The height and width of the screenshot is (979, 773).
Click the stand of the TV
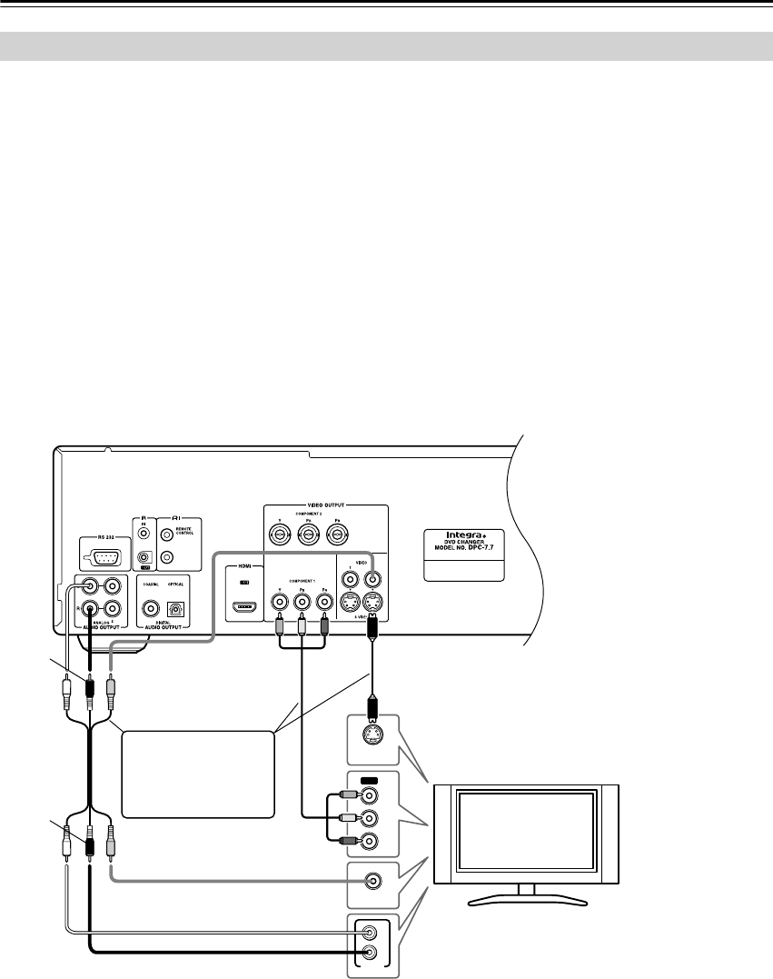pos(530,896)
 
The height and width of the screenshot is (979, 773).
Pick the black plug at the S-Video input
pos(372,705)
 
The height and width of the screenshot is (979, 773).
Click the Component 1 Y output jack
pos(279,601)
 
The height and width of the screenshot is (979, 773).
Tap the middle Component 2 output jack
pos(308,534)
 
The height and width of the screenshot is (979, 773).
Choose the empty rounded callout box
pos(197,775)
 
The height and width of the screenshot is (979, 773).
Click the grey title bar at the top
pos(386,46)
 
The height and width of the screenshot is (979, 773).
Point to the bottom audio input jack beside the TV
pos(371,953)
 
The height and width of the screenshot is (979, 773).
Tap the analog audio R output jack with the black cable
pos(90,610)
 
